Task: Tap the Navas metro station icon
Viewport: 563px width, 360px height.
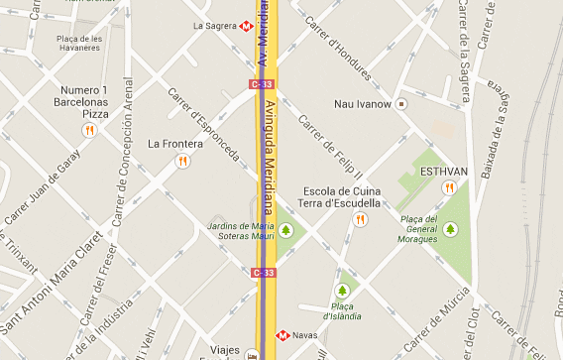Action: [281, 335]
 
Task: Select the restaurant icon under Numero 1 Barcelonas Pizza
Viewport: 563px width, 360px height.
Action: [88, 129]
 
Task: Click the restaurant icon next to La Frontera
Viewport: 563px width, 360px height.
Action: [182, 161]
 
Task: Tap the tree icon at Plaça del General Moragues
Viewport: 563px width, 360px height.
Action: [451, 229]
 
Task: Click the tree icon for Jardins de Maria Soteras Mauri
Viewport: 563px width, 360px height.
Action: [286, 230]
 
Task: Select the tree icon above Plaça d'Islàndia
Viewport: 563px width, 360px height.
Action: [342, 291]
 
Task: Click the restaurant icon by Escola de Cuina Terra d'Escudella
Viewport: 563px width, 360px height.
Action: [360, 219]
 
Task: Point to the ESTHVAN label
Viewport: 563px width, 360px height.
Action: [444, 172]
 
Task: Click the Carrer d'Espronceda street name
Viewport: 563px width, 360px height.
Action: [203, 127]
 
